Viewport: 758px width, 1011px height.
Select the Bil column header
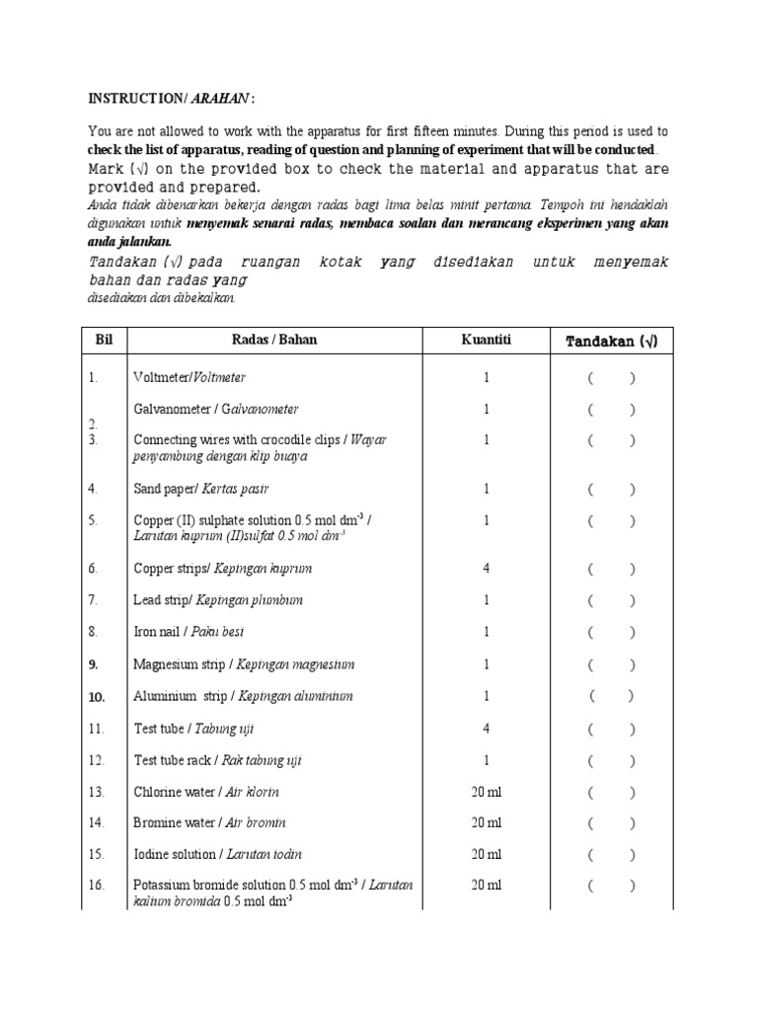click(105, 340)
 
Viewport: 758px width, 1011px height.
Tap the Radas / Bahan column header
click(274, 340)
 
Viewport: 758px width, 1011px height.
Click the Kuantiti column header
click(486, 340)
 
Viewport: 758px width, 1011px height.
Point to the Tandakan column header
click(611, 341)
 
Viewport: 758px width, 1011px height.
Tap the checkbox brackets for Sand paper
click(611, 489)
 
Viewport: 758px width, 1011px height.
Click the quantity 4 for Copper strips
click(486, 568)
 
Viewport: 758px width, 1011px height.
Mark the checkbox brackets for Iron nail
click(611, 632)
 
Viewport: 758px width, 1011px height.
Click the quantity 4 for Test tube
click(486, 729)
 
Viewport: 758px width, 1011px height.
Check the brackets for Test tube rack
click(611, 760)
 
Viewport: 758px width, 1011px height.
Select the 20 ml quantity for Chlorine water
click(486, 792)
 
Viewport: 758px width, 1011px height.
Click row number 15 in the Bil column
click(95, 854)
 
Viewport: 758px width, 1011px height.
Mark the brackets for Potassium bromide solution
click(611, 886)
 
